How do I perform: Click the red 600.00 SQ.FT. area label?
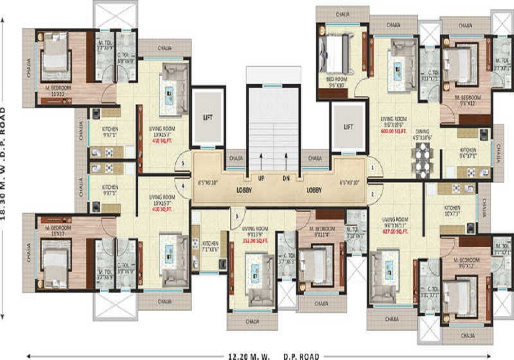pyautogui.click(x=393, y=131)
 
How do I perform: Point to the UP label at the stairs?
pyautogui.click(x=261, y=178)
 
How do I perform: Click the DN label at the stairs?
pyautogui.click(x=286, y=178)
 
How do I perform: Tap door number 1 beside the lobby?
pyautogui.click(x=372, y=168)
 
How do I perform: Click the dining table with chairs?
pyautogui.click(x=423, y=159)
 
